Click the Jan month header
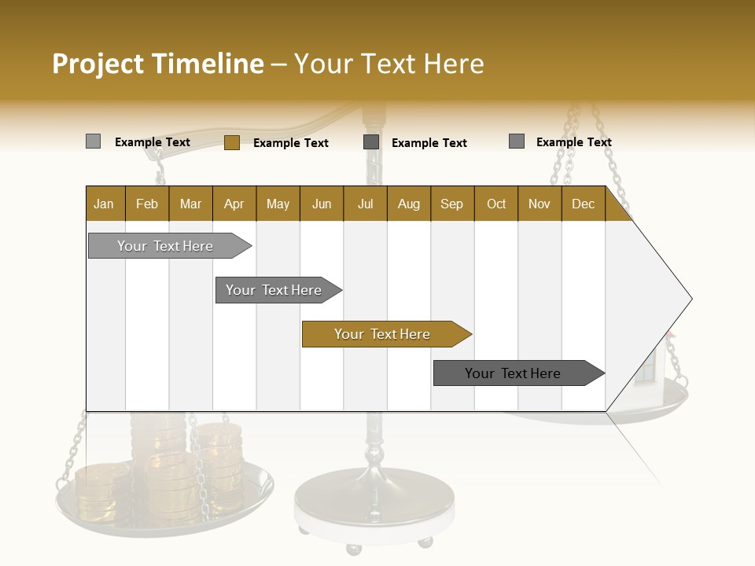pos(105,204)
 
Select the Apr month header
pos(234,204)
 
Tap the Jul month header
pos(365,204)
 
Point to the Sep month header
pos(452,204)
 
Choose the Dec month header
pos(583,204)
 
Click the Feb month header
pos(147,204)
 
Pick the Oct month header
pos(496,204)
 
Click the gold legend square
pos(231,142)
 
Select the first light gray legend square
pos(93,141)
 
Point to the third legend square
pos(371,142)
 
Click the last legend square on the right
pos(517,141)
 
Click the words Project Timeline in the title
pos(158,64)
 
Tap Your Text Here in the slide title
pos(389,64)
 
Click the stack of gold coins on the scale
pos(169,472)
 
